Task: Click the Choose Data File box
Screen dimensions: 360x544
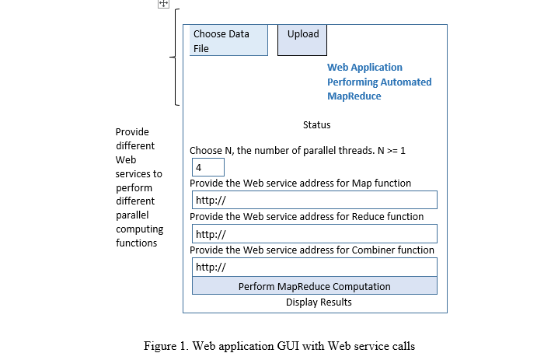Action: (x=228, y=40)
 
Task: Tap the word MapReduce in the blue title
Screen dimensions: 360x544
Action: (x=354, y=96)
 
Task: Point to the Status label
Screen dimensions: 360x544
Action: (x=316, y=125)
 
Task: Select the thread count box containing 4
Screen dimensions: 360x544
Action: (x=208, y=167)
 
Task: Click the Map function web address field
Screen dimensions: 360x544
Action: (x=314, y=200)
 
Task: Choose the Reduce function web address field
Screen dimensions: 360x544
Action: (x=314, y=234)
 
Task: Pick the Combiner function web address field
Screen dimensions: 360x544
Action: (x=314, y=267)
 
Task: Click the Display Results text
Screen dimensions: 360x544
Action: (x=319, y=302)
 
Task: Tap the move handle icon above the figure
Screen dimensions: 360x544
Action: (x=163, y=4)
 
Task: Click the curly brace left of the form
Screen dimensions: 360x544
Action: (x=176, y=57)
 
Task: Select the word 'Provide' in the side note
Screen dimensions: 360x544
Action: (x=132, y=132)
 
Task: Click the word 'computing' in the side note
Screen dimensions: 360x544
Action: (x=139, y=229)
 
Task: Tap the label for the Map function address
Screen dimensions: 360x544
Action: (x=300, y=183)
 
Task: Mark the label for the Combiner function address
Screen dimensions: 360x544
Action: (x=312, y=250)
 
